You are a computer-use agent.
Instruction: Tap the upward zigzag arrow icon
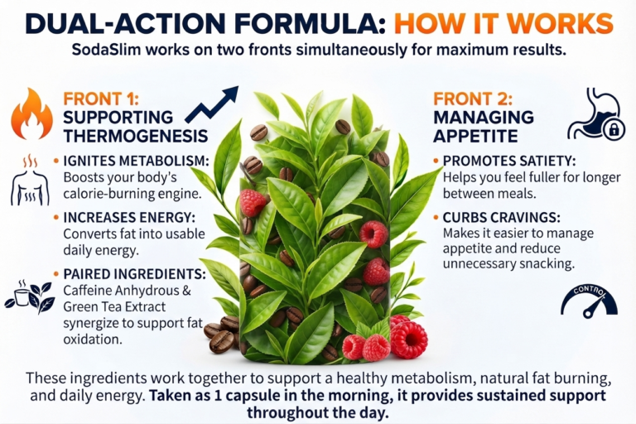coord(212,104)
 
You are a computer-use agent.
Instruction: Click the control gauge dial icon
coord(589,302)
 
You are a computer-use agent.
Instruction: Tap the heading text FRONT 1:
coord(101,99)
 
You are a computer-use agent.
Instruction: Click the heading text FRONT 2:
coord(473,99)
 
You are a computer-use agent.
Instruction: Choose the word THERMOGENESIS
coord(136,136)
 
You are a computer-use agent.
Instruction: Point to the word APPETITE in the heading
coord(475,136)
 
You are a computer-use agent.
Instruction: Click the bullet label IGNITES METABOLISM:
coord(137,161)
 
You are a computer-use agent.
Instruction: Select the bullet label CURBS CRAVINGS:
coord(501,218)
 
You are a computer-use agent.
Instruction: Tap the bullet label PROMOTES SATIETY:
coord(509,161)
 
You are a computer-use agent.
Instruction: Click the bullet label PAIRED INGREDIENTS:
coord(135,274)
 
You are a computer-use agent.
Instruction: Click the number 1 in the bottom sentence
coord(218,396)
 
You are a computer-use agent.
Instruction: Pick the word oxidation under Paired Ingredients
coord(93,339)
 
